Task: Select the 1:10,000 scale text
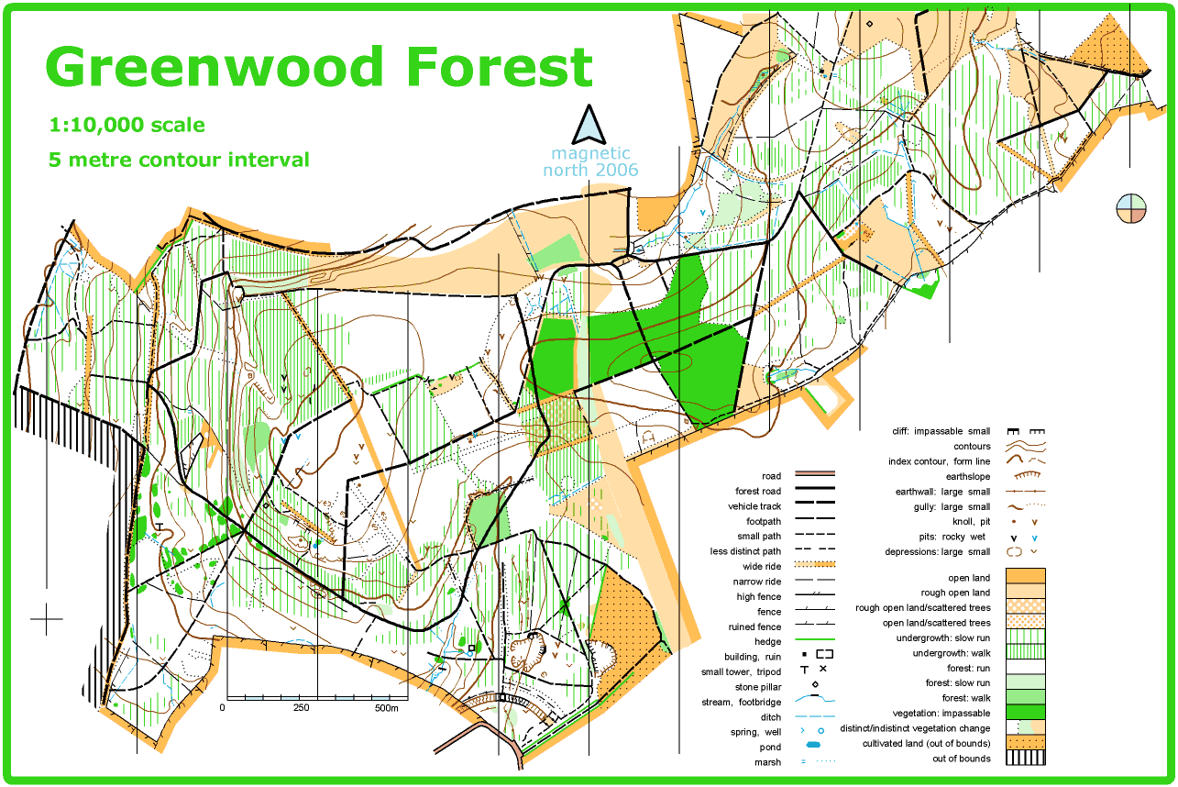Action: click(127, 125)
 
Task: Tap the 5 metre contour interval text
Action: click(179, 160)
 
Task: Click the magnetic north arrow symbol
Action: click(589, 124)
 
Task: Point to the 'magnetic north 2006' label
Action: click(590, 162)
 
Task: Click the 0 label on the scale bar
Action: click(223, 708)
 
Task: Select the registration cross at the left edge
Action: click(47, 619)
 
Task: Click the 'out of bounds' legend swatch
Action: click(1025, 758)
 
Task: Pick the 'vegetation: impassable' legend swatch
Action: click(1025, 713)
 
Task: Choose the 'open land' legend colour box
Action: click(1025, 577)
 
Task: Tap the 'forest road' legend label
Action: click(758, 491)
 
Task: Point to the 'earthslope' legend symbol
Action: click(1025, 476)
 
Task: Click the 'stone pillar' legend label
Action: click(758, 686)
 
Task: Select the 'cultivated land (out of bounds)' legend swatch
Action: click(1025, 743)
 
